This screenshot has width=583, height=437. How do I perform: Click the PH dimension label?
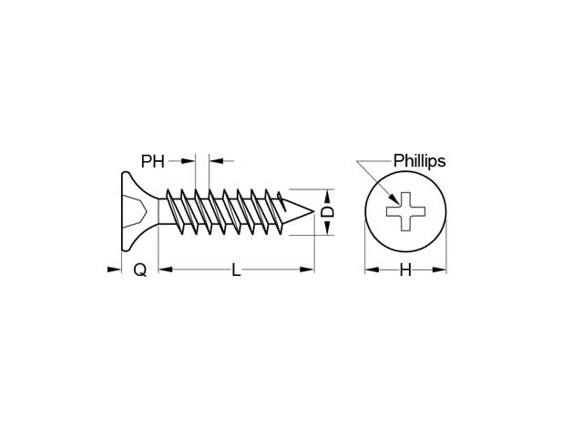point(152,161)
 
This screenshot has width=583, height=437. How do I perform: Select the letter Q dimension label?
point(139,269)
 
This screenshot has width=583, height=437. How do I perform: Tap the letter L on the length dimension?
point(236,269)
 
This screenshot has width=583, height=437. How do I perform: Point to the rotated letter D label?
point(328,212)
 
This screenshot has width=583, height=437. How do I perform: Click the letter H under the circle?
point(405,269)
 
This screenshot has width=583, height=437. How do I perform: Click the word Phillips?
point(419,161)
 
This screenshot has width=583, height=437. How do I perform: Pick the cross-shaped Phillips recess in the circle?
point(405,211)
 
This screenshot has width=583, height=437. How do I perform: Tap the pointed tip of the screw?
point(313,212)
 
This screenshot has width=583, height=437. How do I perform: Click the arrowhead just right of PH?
point(188,161)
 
